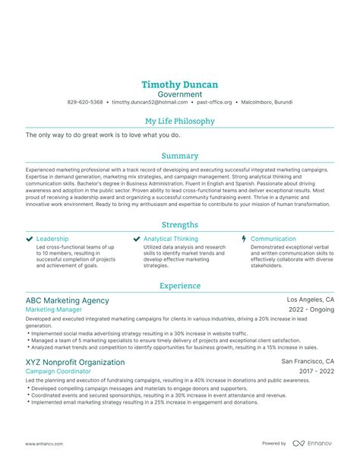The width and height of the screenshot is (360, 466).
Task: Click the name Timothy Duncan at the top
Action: pyautogui.click(x=180, y=84)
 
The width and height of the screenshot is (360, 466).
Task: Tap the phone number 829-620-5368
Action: pyautogui.click(x=85, y=102)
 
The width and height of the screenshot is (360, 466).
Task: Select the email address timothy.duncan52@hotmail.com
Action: pyautogui.click(x=150, y=102)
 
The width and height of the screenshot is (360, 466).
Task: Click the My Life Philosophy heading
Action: pyautogui.click(x=180, y=121)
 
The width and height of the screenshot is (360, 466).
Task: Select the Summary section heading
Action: pyautogui.click(x=180, y=155)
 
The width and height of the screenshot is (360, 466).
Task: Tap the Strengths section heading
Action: pyautogui.click(x=180, y=225)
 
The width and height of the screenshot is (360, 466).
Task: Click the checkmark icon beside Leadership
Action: pyautogui.click(x=29, y=239)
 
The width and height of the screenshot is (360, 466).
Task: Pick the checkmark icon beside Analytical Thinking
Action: pyautogui.click(x=137, y=239)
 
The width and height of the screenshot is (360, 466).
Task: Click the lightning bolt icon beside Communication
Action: pyautogui.click(x=244, y=239)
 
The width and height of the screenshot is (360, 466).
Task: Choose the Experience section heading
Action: pyautogui.click(x=180, y=286)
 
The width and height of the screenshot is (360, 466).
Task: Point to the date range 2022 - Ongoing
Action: pyautogui.click(x=311, y=310)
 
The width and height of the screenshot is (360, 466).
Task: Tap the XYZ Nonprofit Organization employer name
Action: pyautogui.click(x=75, y=362)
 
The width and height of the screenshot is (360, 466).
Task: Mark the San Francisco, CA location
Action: pyautogui.click(x=308, y=362)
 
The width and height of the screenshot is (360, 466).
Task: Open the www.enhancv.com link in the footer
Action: pyautogui.click(x=44, y=443)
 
